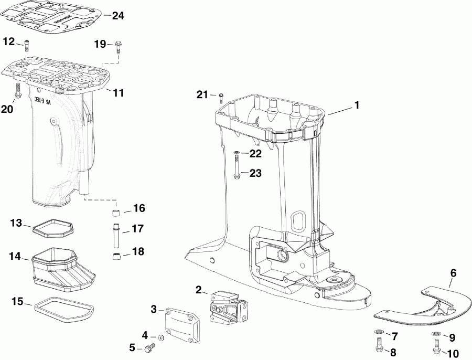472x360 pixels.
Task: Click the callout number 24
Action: (118, 16)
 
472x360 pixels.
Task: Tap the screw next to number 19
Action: (118, 47)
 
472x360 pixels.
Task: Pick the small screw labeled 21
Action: (220, 96)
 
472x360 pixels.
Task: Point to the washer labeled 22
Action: (237, 153)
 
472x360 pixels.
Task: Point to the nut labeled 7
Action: (379, 334)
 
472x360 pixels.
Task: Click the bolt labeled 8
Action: (379, 344)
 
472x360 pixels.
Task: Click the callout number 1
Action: (357, 105)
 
